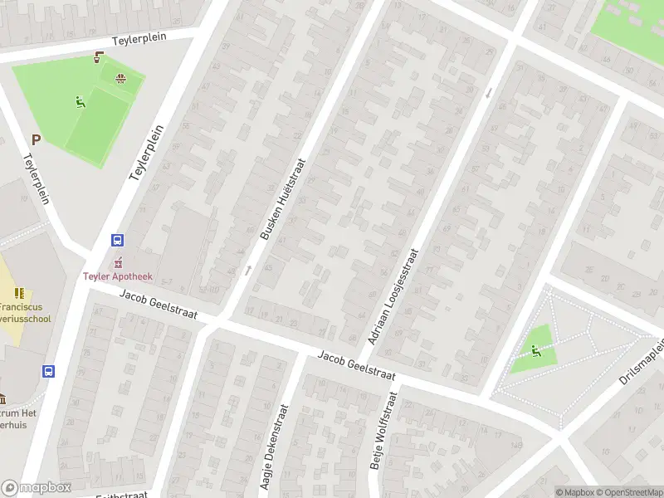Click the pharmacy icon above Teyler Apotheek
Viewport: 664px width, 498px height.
[118, 262]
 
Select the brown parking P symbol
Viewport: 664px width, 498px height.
[36, 140]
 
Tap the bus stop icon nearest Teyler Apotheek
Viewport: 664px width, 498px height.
[118, 241]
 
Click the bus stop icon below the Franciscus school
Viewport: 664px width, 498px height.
[49, 372]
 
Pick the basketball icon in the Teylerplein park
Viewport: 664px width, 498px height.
[120, 79]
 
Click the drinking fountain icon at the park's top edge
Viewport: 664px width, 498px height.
[100, 58]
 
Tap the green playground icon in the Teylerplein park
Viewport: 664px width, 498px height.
[80, 103]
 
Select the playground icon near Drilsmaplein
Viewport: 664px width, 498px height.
[535, 351]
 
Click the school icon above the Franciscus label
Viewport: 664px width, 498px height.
[18, 293]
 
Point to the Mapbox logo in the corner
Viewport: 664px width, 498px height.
[37, 487]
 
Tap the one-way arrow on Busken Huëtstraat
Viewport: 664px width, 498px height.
[247, 270]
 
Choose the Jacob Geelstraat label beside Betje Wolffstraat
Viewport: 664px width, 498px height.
[356, 365]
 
